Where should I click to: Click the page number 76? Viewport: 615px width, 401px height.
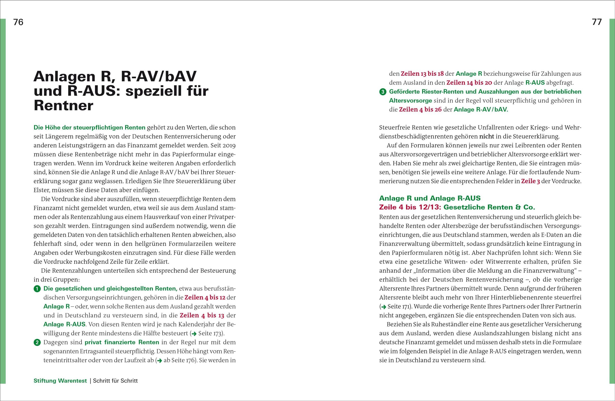point(18,22)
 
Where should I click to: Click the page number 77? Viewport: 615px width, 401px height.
point(597,22)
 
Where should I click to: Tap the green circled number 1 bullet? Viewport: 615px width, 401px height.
point(37,289)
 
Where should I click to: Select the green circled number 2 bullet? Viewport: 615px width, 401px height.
point(37,343)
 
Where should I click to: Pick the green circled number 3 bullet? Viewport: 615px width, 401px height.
point(383,92)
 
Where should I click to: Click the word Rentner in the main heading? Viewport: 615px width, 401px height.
point(63,105)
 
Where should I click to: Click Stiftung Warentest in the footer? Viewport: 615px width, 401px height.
point(60,380)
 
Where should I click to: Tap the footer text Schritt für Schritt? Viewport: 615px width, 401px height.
point(115,380)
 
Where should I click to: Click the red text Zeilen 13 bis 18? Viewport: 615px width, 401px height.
point(422,74)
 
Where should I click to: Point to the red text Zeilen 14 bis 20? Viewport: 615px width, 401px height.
point(469,83)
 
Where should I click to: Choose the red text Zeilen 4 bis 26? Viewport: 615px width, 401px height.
point(420,110)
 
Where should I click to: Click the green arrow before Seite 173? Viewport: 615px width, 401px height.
point(194,334)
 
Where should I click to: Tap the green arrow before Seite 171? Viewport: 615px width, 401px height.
point(384,307)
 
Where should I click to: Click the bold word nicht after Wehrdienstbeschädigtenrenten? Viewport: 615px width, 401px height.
point(487,136)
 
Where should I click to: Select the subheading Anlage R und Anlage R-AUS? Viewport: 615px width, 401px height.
point(430,198)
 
